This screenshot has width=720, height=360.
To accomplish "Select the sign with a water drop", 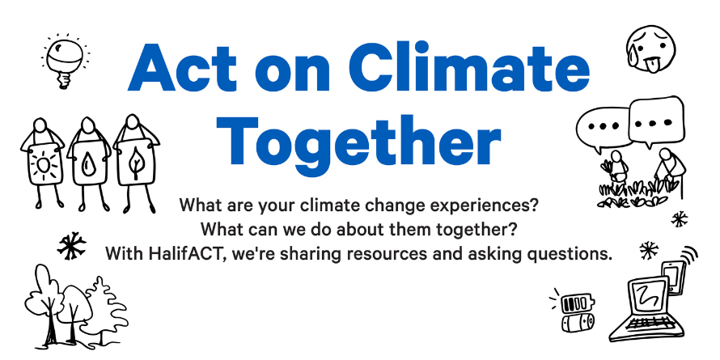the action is [88, 164].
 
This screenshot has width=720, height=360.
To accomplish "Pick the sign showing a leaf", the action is [135, 164].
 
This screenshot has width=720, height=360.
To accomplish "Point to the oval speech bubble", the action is [602, 128].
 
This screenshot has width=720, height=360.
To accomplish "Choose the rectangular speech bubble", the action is [656, 121].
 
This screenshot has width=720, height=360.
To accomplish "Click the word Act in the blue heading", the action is [182, 68].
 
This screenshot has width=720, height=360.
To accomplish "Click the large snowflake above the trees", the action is [72, 245].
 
